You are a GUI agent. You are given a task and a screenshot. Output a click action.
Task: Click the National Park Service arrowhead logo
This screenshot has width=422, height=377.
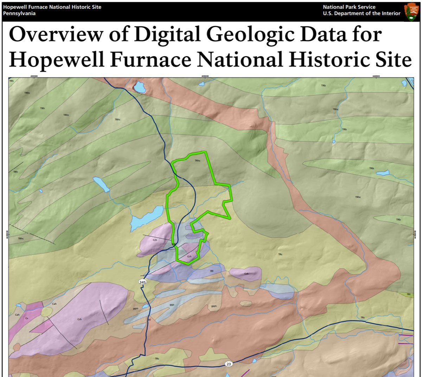tap(410, 12)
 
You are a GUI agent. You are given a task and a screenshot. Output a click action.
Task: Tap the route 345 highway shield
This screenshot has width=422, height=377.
tap(142, 282)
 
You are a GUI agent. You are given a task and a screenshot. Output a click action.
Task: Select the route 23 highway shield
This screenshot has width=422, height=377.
tap(229, 364)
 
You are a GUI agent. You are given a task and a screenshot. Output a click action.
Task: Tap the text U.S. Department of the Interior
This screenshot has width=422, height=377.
tap(362, 13)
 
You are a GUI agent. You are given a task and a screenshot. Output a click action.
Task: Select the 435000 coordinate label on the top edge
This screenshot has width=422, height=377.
tap(205, 76)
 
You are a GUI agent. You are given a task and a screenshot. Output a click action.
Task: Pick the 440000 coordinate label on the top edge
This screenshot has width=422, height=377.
tap(375, 76)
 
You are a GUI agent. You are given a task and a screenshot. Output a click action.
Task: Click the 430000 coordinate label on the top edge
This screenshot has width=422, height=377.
tap(34, 76)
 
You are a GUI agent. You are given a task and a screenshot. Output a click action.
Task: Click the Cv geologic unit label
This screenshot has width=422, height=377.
tap(26, 318)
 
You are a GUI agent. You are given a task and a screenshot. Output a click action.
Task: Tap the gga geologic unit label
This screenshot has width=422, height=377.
tap(172, 305)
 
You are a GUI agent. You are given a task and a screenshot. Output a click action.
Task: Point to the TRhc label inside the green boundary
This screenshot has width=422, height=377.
tap(197, 161)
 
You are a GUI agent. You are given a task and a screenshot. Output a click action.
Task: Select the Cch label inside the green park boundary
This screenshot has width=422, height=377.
tap(189, 256)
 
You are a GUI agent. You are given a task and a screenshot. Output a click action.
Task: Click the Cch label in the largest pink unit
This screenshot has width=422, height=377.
tap(79, 319)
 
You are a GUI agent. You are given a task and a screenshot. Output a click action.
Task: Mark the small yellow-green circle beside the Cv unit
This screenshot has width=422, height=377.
tap(46, 312)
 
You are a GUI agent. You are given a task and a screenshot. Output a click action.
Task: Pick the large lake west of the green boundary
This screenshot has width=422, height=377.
tap(147, 219)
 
